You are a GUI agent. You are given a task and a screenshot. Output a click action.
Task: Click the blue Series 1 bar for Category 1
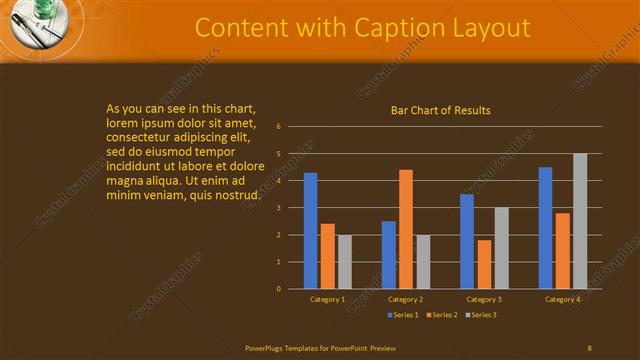pyautogui.click(x=310, y=230)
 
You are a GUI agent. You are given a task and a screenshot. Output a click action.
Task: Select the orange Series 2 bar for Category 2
pyautogui.click(x=406, y=229)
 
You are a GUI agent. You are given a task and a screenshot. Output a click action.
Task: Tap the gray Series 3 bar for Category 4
pyautogui.click(x=580, y=221)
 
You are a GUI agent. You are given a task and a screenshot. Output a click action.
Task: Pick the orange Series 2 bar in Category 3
pyautogui.click(x=484, y=264)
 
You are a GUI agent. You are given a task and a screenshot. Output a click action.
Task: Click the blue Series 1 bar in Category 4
pyautogui.click(x=545, y=227)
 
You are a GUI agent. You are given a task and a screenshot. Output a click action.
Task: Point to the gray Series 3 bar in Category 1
pyautogui.click(x=345, y=261)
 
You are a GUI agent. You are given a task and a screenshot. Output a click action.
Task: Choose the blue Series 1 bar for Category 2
pyautogui.click(x=388, y=254)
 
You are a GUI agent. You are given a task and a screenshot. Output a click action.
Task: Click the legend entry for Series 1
pyautogui.click(x=403, y=315)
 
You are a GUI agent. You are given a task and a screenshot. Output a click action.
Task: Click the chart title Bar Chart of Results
pyautogui.click(x=440, y=110)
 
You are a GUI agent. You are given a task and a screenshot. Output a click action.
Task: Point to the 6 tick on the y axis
pyautogui.click(x=279, y=127)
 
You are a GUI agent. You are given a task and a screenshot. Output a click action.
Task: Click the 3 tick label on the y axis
pyautogui.click(x=279, y=208)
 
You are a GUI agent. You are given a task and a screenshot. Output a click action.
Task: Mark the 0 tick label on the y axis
pyautogui.click(x=279, y=289)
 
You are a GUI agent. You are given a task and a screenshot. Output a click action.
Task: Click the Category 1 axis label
pyautogui.click(x=327, y=299)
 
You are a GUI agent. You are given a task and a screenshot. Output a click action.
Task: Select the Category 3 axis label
pyautogui.click(x=484, y=299)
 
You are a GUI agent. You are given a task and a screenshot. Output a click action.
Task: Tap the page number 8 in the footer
pyautogui.click(x=589, y=347)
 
